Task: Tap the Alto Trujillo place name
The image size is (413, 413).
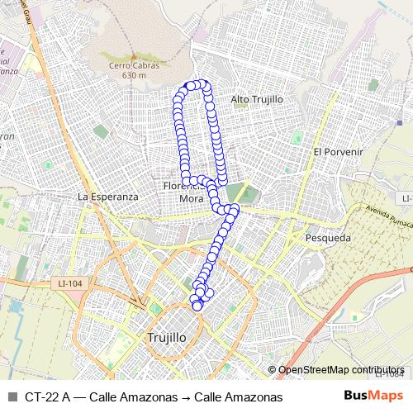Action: pos(257,99)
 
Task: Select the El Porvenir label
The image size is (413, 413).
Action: pos(339,152)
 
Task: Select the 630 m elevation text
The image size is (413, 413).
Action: pos(133,76)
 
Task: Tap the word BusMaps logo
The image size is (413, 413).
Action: pos(373,396)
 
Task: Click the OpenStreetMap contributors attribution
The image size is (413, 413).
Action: pos(341,370)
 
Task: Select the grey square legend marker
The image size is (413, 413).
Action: pos(12,396)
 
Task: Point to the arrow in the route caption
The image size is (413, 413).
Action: pos(187,396)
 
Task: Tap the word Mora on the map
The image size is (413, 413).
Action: pos(191,198)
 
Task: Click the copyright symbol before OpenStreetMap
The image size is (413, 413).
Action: pos(273,370)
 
